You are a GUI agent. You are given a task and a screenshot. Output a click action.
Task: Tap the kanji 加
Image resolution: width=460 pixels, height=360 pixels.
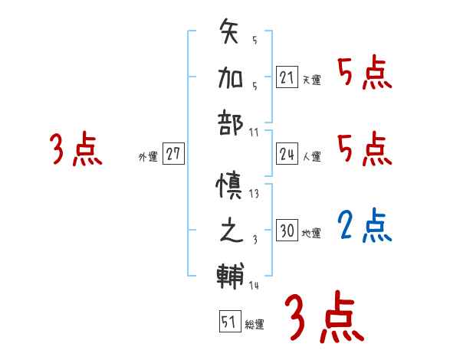point(231,77)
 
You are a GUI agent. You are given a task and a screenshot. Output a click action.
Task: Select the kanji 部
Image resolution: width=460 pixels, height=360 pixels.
point(231,122)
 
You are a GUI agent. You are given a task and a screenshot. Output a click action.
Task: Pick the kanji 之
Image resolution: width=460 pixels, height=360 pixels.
point(231,231)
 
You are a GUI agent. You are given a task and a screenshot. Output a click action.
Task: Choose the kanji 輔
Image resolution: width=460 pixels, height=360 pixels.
point(231,275)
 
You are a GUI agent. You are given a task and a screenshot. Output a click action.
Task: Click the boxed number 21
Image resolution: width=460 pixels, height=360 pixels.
point(287,77)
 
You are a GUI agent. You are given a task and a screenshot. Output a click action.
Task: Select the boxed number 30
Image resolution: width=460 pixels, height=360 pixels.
point(287,231)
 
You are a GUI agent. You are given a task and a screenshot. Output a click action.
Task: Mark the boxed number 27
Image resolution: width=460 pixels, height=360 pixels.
point(173,155)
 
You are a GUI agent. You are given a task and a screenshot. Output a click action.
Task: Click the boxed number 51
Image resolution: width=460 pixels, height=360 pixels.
point(228,322)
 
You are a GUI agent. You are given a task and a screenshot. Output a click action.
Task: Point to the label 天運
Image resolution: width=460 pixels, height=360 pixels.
point(312,80)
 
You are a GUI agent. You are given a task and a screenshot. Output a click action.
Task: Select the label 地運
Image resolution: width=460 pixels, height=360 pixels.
point(312,233)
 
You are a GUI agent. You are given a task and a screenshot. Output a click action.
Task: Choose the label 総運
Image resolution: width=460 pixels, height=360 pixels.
point(255,325)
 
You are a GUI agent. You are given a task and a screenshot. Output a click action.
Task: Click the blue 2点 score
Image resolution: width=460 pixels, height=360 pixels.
point(364,225)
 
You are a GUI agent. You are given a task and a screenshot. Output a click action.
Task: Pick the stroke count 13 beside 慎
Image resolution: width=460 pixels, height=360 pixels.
point(255,193)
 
